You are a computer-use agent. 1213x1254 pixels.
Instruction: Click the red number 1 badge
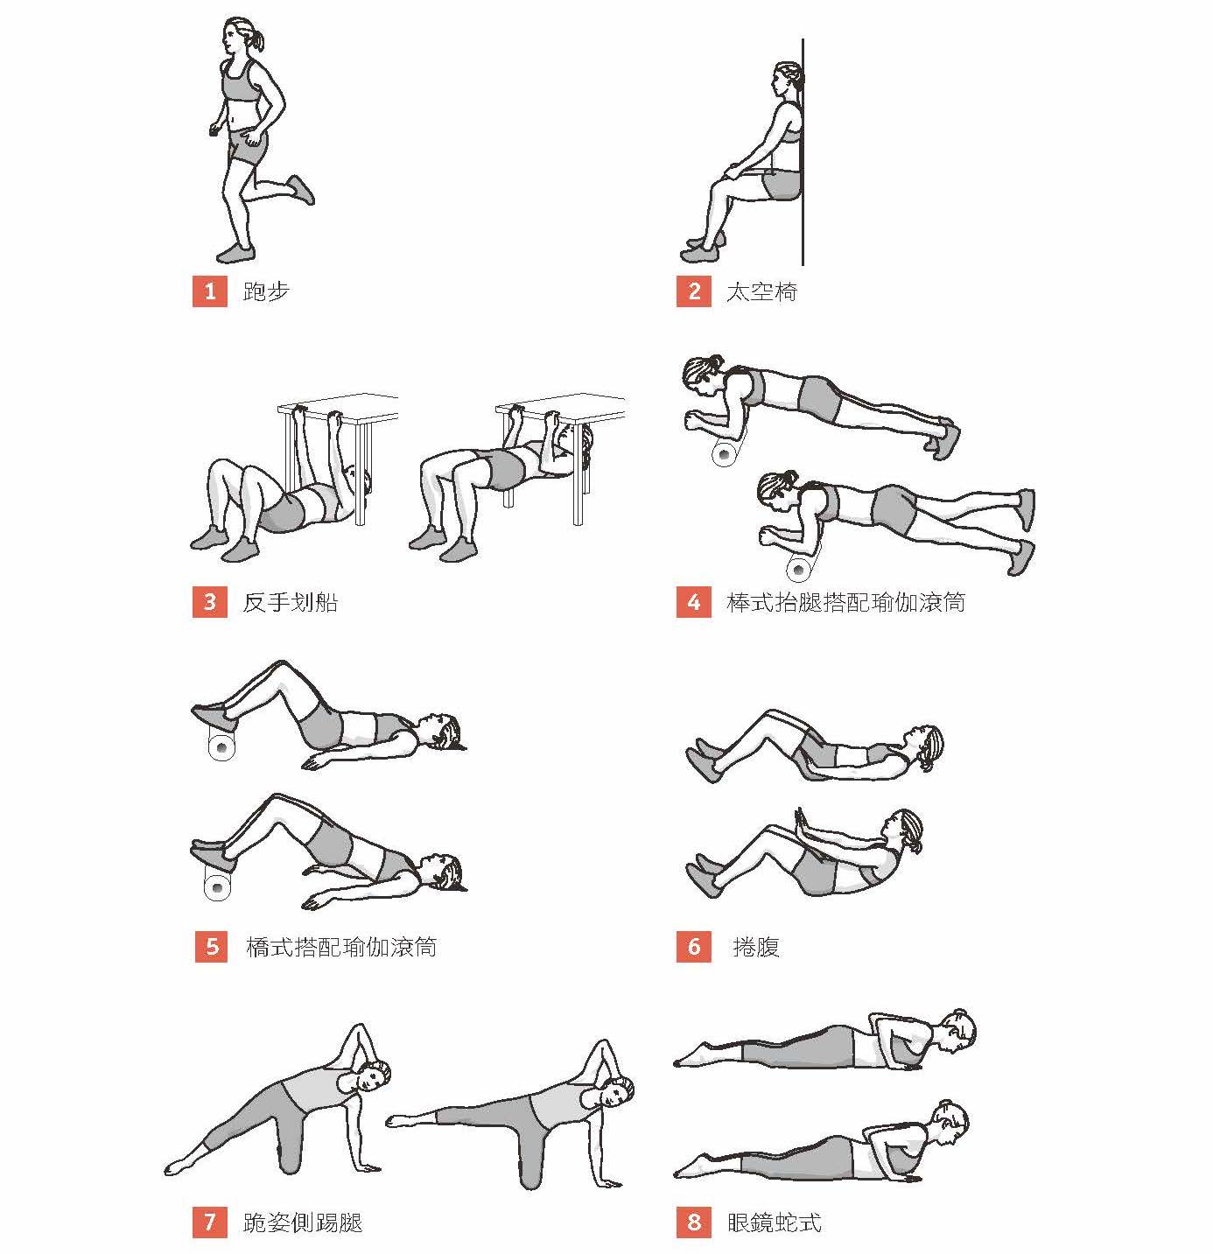point(209,292)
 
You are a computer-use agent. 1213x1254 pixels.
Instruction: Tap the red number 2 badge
point(693,292)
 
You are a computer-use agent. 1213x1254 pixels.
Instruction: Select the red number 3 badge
point(209,602)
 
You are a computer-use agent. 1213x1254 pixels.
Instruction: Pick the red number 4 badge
point(693,602)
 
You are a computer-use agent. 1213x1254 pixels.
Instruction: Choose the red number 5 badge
point(212,947)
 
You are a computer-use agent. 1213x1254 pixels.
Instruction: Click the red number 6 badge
point(693,947)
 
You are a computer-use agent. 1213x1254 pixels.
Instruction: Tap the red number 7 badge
point(209,1222)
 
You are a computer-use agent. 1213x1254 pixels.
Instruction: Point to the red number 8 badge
point(693,1222)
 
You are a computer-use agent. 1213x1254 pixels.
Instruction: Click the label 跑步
point(266,292)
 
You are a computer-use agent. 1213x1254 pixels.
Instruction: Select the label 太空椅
point(761,292)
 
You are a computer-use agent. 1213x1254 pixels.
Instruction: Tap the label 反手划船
point(290,602)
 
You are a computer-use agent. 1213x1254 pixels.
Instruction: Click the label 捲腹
point(756,947)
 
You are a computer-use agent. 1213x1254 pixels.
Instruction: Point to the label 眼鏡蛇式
point(774,1222)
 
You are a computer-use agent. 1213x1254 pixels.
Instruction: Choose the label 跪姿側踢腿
point(303,1222)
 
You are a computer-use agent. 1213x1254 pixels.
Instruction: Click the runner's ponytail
point(257,40)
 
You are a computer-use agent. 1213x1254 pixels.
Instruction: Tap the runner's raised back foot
point(301,189)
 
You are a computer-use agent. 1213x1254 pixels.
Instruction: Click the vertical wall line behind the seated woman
point(803,152)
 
